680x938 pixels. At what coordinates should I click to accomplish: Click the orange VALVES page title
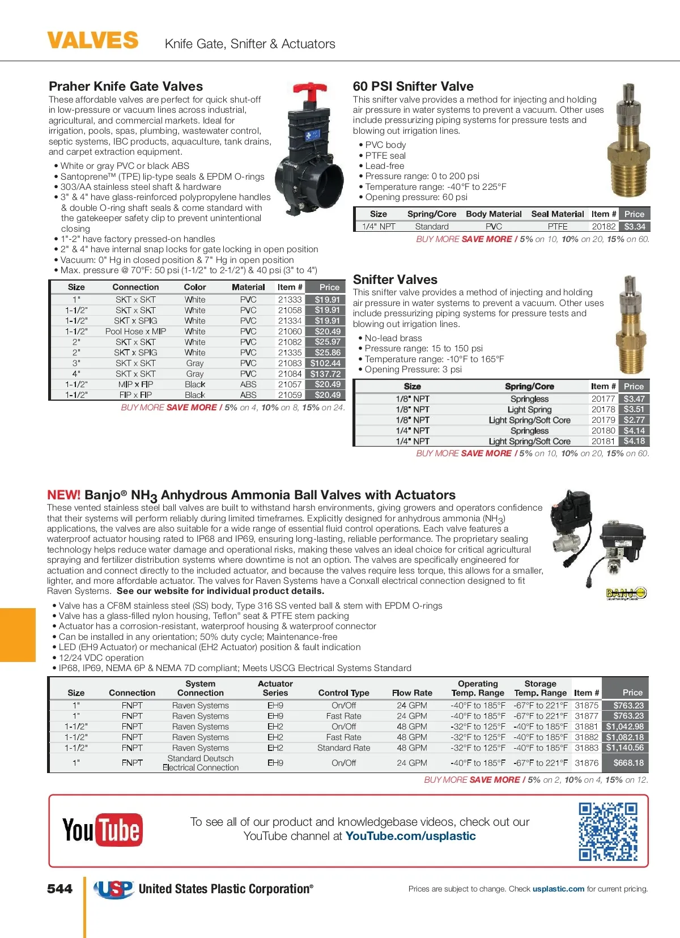[92, 41]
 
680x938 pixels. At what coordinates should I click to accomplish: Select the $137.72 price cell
[326, 374]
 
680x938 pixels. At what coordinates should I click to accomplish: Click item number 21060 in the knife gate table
[290, 332]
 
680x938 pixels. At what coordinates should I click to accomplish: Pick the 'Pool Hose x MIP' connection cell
[135, 332]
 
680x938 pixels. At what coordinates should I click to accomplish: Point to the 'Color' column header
[195, 287]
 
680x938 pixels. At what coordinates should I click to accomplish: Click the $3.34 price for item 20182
[635, 227]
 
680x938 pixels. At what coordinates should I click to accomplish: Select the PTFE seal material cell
[558, 227]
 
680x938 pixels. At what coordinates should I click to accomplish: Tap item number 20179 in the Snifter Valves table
[603, 420]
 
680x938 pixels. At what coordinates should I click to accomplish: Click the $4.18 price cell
[634, 442]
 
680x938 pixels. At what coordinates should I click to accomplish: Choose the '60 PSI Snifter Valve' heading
[413, 87]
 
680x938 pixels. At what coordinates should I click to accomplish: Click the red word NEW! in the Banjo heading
[63, 495]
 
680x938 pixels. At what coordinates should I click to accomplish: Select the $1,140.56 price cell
[625, 748]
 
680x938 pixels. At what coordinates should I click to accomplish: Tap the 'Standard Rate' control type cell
[343, 748]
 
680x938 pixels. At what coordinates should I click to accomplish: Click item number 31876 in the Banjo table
[586, 763]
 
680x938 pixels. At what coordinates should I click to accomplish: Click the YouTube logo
[103, 830]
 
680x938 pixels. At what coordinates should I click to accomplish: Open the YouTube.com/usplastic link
[410, 837]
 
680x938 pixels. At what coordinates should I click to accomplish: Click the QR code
[608, 831]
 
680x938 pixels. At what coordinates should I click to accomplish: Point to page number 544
[60, 889]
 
